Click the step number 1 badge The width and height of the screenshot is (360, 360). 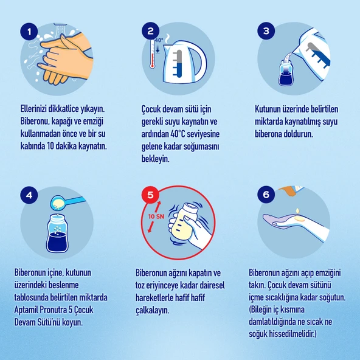pyautogui.click(x=29, y=32)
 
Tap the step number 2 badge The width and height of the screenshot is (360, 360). pyautogui.click(x=150, y=31)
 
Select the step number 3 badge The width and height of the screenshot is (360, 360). pyautogui.click(x=266, y=31)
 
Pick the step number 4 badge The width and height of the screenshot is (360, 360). pyautogui.click(x=29, y=195)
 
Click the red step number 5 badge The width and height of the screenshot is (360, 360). pyautogui.click(x=150, y=195)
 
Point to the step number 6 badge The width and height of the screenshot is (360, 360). pyautogui.click(x=266, y=195)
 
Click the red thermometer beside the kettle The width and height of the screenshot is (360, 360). pyautogui.click(x=152, y=54)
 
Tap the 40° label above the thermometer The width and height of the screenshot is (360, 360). pyautogui.click(x=159, y=40)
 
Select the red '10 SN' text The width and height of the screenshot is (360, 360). pyautogui.click(x=156, y=216)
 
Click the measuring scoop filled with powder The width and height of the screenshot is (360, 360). pyautogui.click(x=67, y=202)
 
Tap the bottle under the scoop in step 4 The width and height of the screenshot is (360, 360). pyautogui.click(x=57, y=233)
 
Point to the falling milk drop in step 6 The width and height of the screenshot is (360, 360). pyautogui.click(x=298, y=210)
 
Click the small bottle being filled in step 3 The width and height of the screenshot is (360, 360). pyautogui.click(x=286, y=73)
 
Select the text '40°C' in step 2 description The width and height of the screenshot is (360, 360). pyautogui.click(x=178, y=134)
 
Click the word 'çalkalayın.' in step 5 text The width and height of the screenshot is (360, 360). pyautogui.click(x=152, y=310)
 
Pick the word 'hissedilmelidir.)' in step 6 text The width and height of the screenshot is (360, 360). pyautogui.click(x=292, y=334)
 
